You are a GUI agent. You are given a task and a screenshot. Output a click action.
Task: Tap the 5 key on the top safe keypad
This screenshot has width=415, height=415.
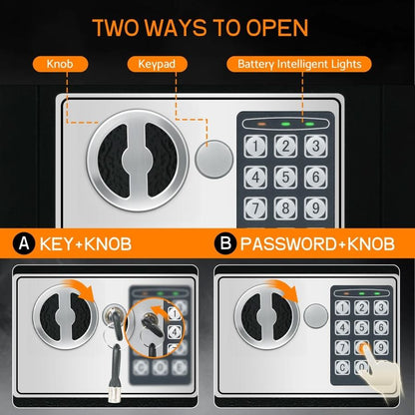[x=285, y=178]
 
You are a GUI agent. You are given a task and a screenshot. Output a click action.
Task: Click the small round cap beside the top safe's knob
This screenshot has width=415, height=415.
[x=210, y=158]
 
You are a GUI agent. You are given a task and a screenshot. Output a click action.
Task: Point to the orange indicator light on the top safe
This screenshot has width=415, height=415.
[x=262, y=126]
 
